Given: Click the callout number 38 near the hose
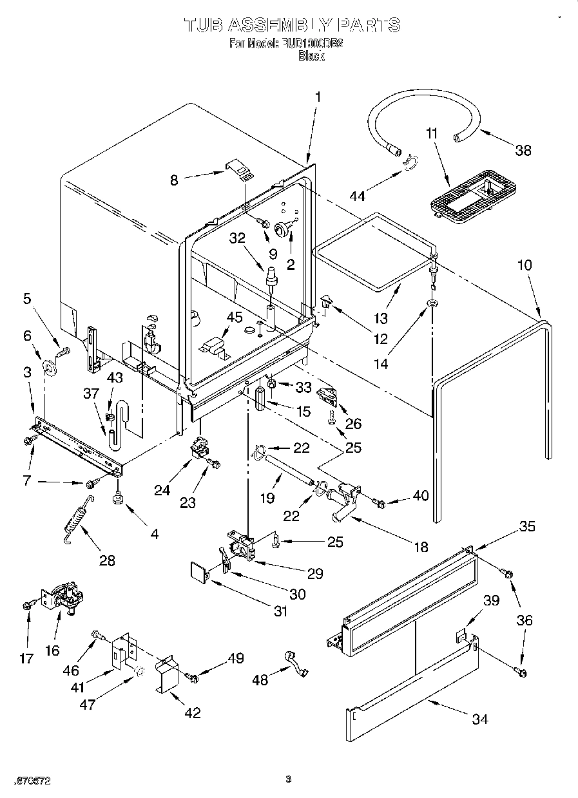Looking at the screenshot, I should [523, 150].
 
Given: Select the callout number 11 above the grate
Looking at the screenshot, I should [431, 134].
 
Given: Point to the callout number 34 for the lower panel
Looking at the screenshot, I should [479, 719].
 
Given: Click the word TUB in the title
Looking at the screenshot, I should [204, 25].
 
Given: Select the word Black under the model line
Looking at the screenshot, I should [311, 57].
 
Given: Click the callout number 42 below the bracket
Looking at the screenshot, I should [192, 712].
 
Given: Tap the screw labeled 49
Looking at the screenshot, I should [191, 676].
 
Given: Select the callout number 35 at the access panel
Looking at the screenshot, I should [526, 526].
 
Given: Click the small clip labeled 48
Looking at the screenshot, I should [295, 661].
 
